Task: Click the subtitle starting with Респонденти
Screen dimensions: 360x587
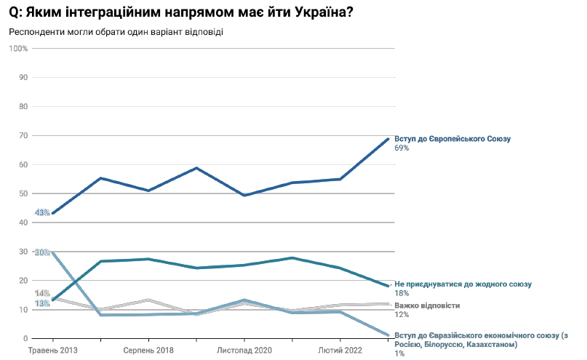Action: (116, 32)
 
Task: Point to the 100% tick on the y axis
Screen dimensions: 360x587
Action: (18, 48)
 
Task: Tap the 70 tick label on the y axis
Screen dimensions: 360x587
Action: (23, 135)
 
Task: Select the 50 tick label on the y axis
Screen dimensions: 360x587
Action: (23, 193)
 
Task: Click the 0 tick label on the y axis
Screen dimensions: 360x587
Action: (25, 339)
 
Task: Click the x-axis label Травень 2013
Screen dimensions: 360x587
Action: (52, 351)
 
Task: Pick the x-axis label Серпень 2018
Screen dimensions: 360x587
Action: (148, 351)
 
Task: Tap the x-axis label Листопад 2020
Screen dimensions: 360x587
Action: (244, 351)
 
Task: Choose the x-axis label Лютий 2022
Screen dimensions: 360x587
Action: (340, 351)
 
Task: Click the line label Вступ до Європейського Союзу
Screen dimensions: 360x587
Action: (453, 138)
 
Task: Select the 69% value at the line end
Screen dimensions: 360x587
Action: (402, 148)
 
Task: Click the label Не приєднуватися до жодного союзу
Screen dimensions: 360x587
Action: (463, 284)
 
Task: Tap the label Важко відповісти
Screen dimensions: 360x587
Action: (427, 305)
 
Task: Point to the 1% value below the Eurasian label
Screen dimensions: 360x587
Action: (399, 353)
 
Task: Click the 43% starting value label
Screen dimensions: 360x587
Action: (41, 213)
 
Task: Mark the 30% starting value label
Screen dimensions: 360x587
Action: (41, 252)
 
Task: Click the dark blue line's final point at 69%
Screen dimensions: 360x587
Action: (388, 138)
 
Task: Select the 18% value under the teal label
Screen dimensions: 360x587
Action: (402, 293)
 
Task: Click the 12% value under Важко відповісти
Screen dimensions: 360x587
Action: (402, 315)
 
